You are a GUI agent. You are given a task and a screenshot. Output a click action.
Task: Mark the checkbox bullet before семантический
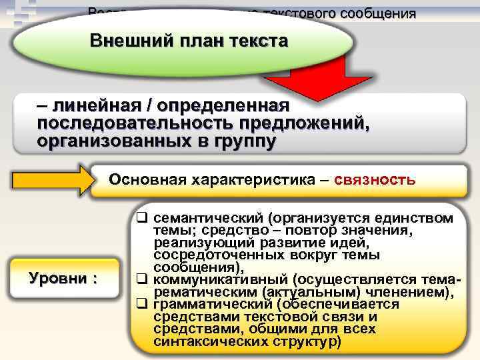[x=142, y=218]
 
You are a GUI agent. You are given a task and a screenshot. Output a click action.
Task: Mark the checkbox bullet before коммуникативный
[x=142, y=280]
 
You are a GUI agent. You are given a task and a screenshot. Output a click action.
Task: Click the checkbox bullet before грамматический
[x=142, y=305]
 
